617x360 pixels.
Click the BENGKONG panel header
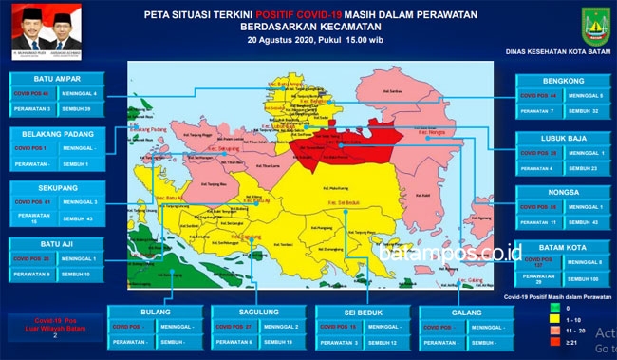[560, 79]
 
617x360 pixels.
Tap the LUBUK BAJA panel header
[560, 138]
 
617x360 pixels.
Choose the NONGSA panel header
[560, 193]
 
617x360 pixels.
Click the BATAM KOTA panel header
[560, 247]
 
